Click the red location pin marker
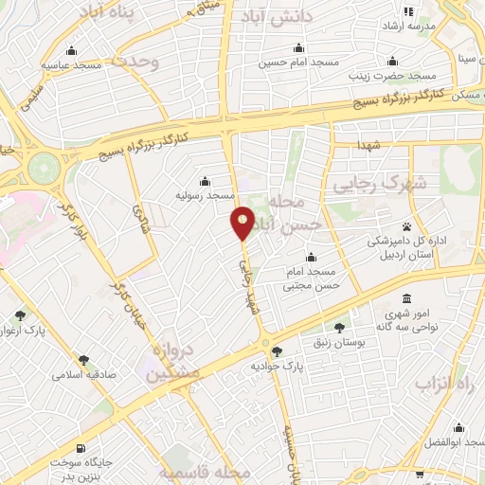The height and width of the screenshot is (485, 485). (x=243, y=222)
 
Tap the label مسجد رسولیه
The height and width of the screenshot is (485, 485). (x=207, y=194)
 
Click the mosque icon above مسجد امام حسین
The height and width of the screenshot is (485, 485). (x=300, y=48)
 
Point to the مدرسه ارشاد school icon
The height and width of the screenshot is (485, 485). (x=408, y=12)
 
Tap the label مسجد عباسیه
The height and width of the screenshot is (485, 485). (x=70, y=64)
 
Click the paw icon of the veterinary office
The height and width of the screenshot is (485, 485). (x=407, y=227)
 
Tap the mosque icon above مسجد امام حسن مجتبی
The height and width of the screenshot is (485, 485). (x=312, y=257)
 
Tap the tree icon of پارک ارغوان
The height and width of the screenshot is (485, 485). (x=22, y=315)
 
